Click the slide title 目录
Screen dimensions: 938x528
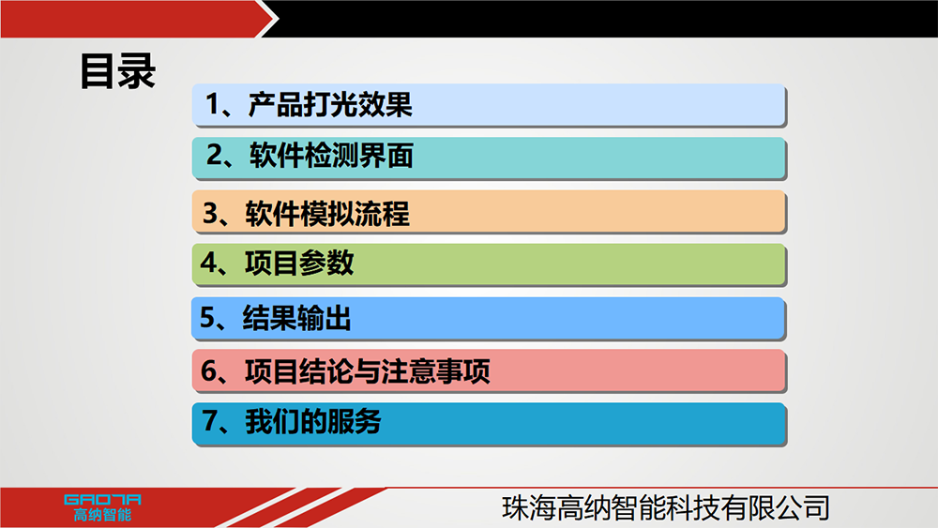click(x=118, y=72)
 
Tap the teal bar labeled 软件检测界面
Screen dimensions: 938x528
click(x=488, y=158)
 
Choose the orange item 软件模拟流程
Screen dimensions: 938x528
click(x=488, y=212)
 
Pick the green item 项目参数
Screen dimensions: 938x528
click(x=488, y=264)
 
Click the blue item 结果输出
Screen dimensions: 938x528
click(x=488, y=318)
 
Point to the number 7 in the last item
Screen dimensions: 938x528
click(x=210, y=420)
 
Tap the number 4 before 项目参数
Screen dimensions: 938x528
click(x=208, y=263)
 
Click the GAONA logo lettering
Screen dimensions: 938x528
click(x=102, y=500)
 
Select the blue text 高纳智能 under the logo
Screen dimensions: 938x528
click(x=102, y=515)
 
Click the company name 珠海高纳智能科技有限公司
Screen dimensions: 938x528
click(x=666, y=507)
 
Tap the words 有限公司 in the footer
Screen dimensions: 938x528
click(x=776, y=507)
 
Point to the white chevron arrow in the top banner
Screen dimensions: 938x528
click(x=270, y=19)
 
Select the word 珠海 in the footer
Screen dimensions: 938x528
click(x=529, y=507)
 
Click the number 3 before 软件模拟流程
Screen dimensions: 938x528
click(x=210, y=213)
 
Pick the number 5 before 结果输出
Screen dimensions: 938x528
click(x=207, y=318)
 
